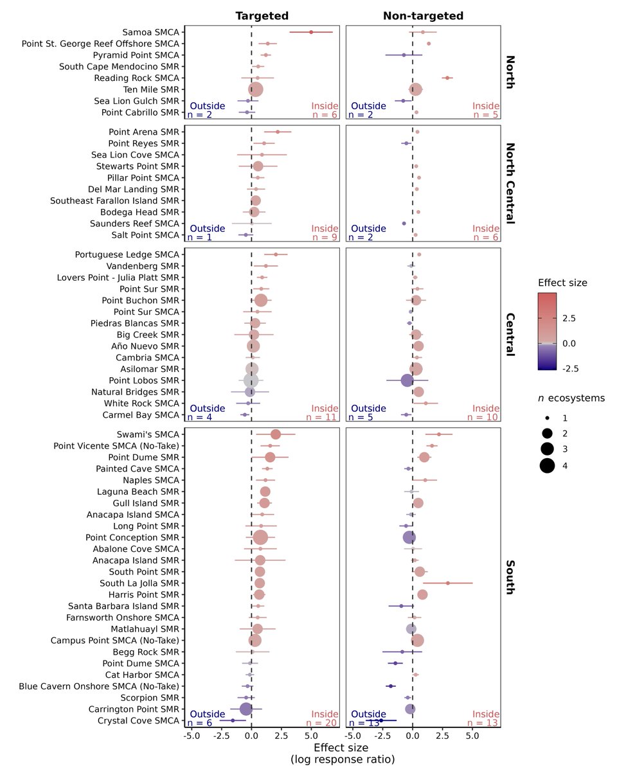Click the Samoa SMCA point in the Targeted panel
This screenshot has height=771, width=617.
click(311, 31)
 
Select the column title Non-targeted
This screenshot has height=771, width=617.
click(423, 15)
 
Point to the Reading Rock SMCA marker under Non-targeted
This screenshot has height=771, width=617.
click(447, 78)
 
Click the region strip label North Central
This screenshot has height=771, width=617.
click(510, 183)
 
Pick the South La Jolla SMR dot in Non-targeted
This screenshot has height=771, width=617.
click(448, 583)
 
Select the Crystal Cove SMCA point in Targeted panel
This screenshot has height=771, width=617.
click(233, 720)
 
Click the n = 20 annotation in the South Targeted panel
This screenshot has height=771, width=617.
click(322, 723)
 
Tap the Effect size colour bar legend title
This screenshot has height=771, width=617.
click(562, 282)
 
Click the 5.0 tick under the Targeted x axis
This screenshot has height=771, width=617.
click(311, 736)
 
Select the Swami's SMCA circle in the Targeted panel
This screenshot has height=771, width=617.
click(276, 434)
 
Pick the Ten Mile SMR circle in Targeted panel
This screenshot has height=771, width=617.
click(255, 89)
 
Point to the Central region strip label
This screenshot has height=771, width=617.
click(510, 335)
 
